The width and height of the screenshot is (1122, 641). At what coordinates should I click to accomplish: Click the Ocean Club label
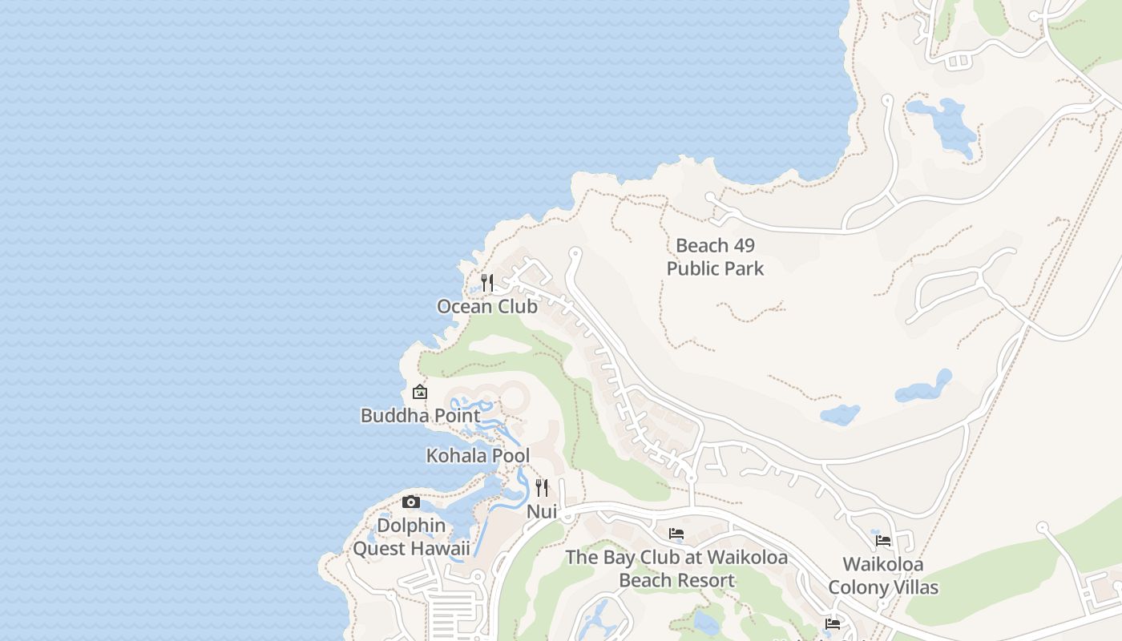(487, 306)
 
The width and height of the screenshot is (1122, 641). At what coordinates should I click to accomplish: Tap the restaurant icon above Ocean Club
(487, 283)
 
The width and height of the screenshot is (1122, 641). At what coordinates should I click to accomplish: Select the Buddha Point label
(421, 415)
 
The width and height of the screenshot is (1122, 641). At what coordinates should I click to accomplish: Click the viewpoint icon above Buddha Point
(419, 392)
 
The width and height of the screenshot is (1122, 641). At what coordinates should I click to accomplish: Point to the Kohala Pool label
(478, 456)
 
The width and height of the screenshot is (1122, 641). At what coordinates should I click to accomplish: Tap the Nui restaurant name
(542, 511)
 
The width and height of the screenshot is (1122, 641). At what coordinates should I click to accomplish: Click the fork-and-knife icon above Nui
(542, 487)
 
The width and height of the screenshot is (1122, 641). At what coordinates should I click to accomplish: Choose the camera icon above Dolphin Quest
(411, 502)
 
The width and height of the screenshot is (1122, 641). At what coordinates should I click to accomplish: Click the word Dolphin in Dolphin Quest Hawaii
(411, 526)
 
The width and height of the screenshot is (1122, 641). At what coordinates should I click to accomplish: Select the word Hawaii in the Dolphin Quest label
(441, 549)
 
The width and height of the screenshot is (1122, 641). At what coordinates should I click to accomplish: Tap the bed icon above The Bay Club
(676, 534)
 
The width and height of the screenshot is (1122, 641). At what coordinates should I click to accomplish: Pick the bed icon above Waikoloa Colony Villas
(883, 541)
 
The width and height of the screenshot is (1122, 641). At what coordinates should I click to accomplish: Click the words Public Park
(715, 268)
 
